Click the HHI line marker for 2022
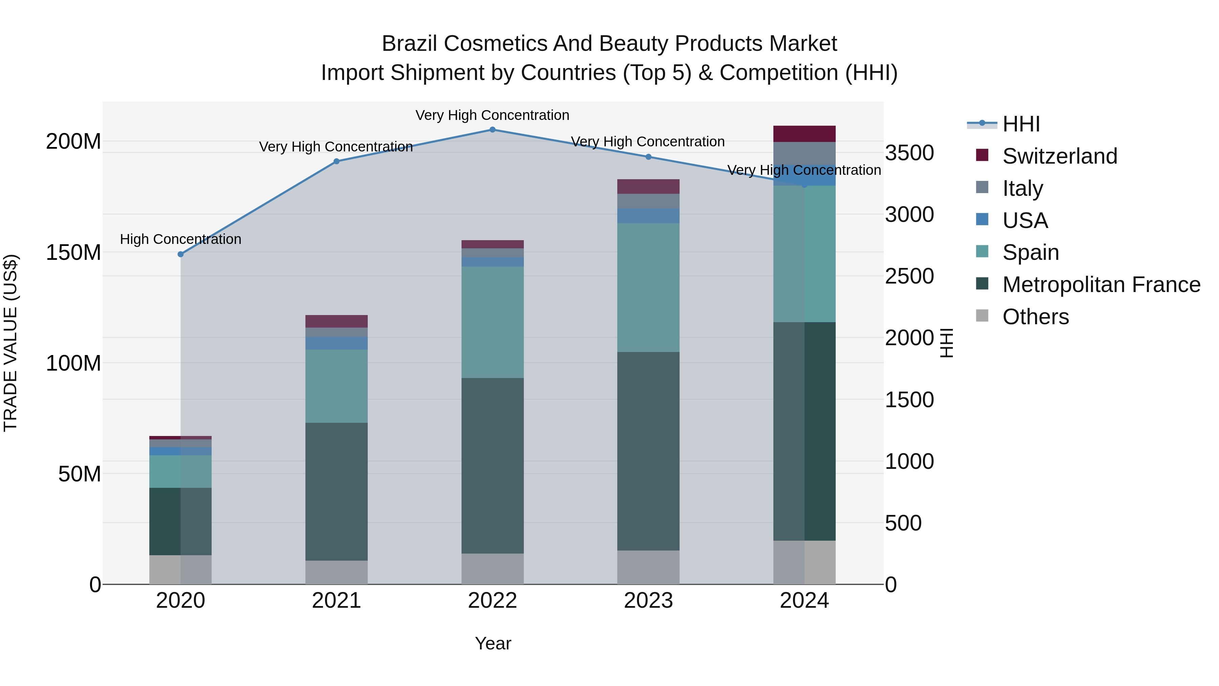click(x=492, y=130)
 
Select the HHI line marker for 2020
click(x=180, y=254)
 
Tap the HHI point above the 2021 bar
click(x=337, y=162)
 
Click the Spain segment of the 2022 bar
click(x=492, y=322)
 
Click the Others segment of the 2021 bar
click(x=337, y=573)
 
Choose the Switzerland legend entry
click(x=1059, y=156)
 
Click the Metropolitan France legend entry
click(x=1101, y=285)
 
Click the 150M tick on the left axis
click(x=73, y=252)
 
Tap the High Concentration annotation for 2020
click(x=180, y=239)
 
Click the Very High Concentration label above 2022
click(x=492, y=115)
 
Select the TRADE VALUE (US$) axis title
click(x=10, y=343)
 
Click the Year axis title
click(x=493, y=643)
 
